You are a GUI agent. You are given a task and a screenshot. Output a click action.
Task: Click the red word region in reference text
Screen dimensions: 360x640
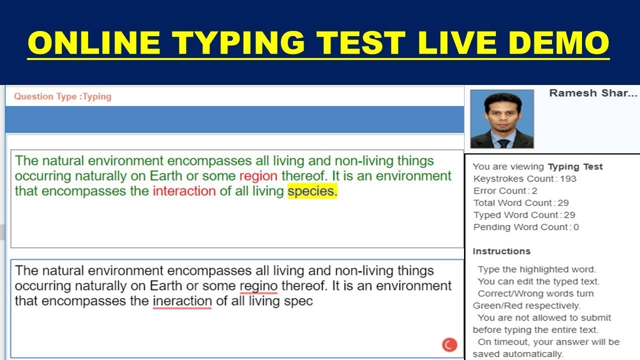pos(258,176)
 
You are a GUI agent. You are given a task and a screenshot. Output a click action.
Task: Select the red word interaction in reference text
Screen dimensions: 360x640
pos(184,191)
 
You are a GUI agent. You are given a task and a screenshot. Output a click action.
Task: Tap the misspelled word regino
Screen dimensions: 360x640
pos(258,286)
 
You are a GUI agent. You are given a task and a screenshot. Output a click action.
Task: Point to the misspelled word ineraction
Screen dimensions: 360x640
pos(182,301)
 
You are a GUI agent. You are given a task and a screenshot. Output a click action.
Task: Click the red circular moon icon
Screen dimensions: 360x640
pos(449,344)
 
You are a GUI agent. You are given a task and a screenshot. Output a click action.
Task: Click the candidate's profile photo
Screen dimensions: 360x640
pos(502,119)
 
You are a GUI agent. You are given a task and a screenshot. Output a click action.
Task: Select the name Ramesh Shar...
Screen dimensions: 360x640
pos(593,93)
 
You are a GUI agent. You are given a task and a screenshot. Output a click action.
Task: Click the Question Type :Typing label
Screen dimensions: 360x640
pos(62,97)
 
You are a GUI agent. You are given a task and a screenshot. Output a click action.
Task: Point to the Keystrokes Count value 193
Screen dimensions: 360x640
pos(568,179)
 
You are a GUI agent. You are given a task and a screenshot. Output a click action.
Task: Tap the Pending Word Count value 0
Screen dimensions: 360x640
pos(576,227)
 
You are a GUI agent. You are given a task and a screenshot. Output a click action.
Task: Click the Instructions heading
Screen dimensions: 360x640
pos(501,251)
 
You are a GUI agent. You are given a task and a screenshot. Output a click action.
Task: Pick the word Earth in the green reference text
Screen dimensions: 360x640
pos(166,176)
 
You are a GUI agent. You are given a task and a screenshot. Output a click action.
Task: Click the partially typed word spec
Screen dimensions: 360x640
pos(298,301)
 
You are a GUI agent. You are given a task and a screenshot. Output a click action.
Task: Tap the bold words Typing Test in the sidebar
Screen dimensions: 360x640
pos(575,167)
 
